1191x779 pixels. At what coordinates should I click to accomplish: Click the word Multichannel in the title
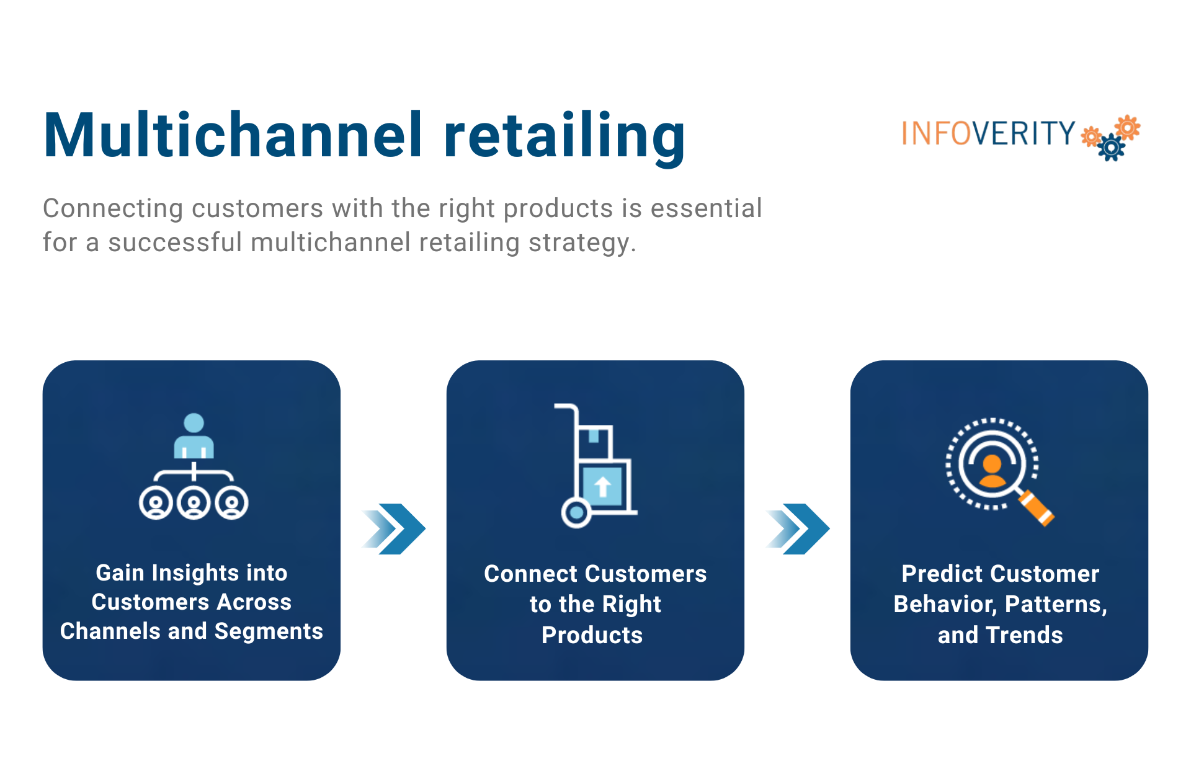(233, 135)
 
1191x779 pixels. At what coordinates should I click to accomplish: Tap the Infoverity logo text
(988, 133)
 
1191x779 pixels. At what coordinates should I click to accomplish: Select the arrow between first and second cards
(395, 528)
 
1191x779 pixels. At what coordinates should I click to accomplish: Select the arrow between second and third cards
(798, 528)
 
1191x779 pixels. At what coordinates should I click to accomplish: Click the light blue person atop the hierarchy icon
(194, 436)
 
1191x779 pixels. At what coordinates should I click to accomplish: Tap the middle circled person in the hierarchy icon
(194, 503)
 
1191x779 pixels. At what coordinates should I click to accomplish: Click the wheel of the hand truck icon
(576, 513)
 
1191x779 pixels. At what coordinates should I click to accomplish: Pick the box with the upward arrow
(602, 486)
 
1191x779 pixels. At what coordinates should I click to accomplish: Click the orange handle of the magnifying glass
(1037, 508)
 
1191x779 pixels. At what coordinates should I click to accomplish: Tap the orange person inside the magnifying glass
(992, 471)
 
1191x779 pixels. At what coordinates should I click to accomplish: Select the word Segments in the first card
(269, 631)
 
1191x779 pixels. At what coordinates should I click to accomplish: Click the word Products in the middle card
(592, 635)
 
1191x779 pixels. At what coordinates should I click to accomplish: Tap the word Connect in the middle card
(522, 574)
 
